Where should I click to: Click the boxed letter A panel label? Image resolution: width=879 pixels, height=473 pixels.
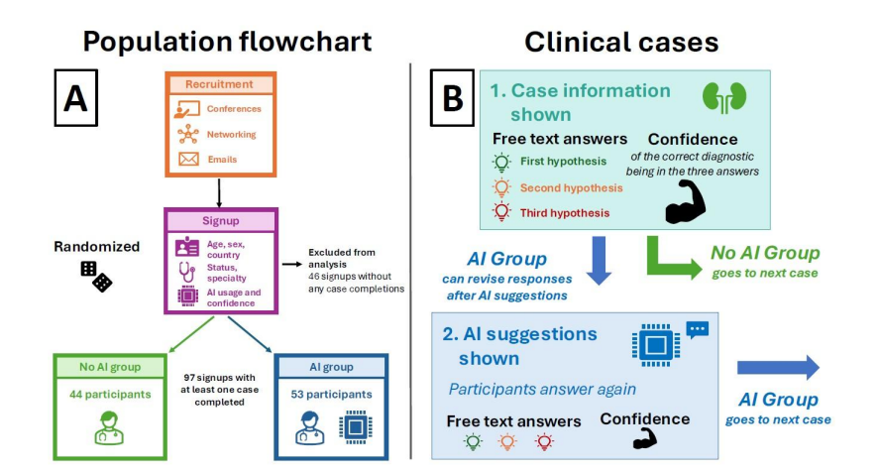tap(75, 97)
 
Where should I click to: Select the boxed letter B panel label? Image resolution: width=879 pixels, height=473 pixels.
tap(452, 97)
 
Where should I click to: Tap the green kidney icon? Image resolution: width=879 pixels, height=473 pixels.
tap(724, 97)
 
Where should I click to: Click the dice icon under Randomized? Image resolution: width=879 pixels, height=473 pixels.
tap(96, 277)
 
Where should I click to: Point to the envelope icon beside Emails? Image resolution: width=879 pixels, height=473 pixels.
tap(188, 160)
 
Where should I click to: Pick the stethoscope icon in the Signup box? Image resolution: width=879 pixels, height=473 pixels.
tap(186, 272)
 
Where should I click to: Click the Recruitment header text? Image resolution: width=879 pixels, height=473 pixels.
tap(219, 84)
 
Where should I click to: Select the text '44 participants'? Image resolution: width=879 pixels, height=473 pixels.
tap(110, 395)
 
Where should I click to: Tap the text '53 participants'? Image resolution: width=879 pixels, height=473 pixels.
tap(331, 395)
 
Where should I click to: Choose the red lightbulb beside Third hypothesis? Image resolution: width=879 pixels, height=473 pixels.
tap(501, 211)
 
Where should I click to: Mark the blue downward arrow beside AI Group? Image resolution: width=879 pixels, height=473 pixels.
tap(599, 260)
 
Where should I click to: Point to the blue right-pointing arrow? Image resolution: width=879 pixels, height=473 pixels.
tap(778, 368)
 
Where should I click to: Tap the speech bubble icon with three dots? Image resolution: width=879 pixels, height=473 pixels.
tap(698, 329)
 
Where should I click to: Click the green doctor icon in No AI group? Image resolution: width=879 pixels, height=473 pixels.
tap(109, 428)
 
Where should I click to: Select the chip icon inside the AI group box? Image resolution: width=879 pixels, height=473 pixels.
tap(356, 427)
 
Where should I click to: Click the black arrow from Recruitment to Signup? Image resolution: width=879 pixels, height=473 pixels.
tap(219, 193)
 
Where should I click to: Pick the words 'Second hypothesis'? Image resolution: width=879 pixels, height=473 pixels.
tap(571, 188)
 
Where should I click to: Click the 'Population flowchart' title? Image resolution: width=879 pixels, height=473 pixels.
tap(227, 42)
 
